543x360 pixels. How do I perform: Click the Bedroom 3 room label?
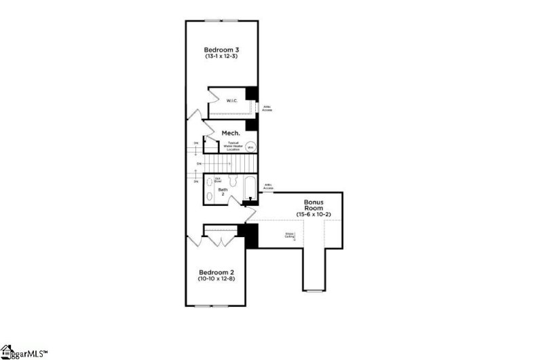[x=222, y=50]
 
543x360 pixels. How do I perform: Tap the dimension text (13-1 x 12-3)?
[x=222, y=57]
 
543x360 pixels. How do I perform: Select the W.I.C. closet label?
[x=231, y=101]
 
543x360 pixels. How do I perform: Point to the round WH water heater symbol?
[x=250, y=147]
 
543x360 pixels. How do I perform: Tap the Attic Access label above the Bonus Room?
[x=269, y=186]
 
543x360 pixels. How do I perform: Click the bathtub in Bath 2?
[x=250, y=187]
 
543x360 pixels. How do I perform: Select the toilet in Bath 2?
[x=232, y=181]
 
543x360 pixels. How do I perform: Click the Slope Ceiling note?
[x=290, y=235]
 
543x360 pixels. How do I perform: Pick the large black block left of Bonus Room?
[x=252, y=236]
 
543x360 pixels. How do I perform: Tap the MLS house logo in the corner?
[x=10, y=351]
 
